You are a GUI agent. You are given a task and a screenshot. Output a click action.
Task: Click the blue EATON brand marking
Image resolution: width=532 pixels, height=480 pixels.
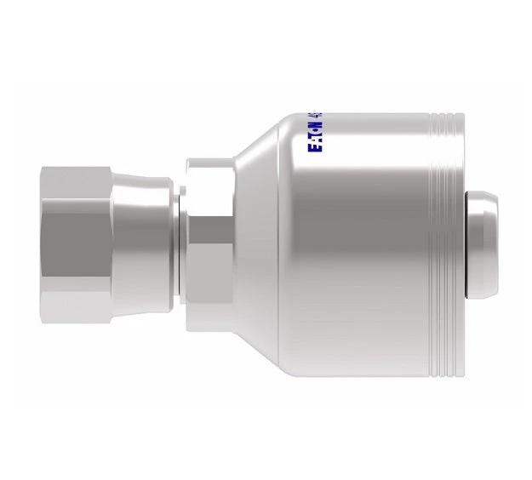click(313, 134)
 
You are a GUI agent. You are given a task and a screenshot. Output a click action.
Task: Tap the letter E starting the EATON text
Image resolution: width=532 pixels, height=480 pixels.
click(313, 150)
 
